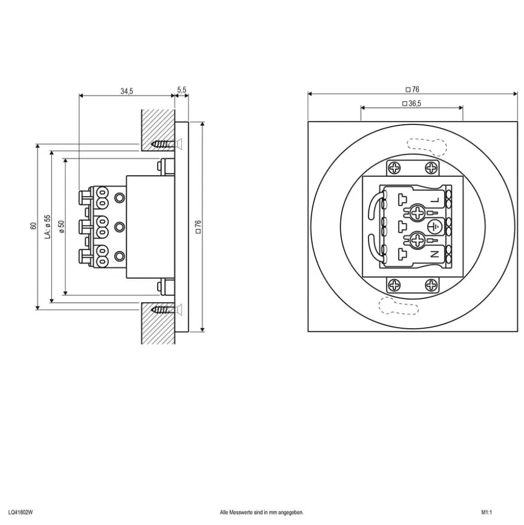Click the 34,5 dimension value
(x=126, y=91)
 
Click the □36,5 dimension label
(x=412, y=103)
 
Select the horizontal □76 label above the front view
(x=412, y=89)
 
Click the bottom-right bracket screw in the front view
(x=431, y=285)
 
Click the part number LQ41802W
(x=21, y=512)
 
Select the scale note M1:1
(x=487, y=512)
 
